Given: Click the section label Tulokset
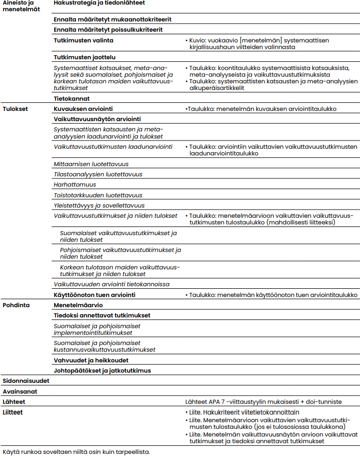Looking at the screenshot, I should tap(15, 109).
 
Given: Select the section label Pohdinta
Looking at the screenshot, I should tap(16, 305).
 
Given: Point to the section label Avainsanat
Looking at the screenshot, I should tap(20, 392).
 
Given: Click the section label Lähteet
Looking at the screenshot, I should tap(14, 402).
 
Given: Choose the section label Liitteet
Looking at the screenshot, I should tap(14, 411).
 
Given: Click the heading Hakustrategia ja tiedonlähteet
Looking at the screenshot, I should tap(99, 3).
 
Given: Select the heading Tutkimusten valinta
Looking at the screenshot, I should tap(84, 40).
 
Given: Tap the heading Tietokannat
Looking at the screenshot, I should tap(72, 98).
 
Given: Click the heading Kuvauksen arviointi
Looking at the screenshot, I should tap(83, 109).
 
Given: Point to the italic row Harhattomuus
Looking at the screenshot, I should tap(75, 185).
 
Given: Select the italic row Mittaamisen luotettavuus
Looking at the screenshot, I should tap(91, 164).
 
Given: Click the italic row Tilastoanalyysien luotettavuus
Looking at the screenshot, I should tap(98, 174).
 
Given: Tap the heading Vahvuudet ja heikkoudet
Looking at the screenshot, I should tap(90, 360).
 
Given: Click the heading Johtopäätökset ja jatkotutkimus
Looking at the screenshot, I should tap(102, 371).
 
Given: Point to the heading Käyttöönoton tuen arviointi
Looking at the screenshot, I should tap(94, 295).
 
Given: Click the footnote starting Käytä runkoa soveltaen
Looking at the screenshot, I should tap(76, 452).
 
